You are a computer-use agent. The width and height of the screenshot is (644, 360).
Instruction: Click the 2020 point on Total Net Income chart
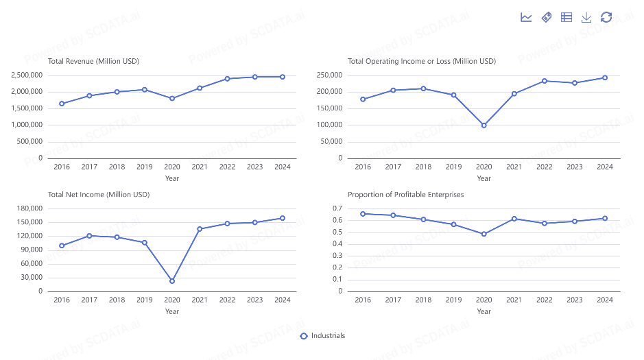pyautogui.click(x=172, y=281)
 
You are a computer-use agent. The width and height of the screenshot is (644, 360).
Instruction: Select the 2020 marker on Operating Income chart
pyautogui.click(x=484, y=125)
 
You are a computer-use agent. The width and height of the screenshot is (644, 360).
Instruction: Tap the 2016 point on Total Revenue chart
pyautogui.click(x=62, y=104)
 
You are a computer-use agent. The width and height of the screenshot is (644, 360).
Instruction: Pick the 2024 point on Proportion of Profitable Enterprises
pyautogui.click(x=604, y=218)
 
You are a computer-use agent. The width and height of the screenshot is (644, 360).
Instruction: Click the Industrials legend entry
pyautogui.click(x=323, y=336)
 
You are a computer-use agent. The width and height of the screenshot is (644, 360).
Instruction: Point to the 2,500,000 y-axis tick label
pyautogui.click(x=27, y=75)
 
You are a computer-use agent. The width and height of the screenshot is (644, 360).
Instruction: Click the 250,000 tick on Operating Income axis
pyautogui.click(x=330, y=75)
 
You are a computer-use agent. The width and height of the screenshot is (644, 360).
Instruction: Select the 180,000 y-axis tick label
pyautogui.click(x=30, y=208)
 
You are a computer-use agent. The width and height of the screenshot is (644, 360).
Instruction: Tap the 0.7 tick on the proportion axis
pyautogui.click(x=337, y=208)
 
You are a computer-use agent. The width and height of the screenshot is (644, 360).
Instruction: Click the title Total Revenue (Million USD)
pyautogui.click(x=93, y=61)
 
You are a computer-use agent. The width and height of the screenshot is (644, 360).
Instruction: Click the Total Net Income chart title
pyautogui.click(x=98, y=194)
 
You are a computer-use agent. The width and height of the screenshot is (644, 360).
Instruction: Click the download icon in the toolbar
pyautogui.click(x=586, y=17)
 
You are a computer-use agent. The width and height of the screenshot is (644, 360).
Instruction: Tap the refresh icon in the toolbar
pyautogui.click(x=606, y=17)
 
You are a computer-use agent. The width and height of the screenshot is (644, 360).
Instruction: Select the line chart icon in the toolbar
pyautogui.click(x=526, y=17)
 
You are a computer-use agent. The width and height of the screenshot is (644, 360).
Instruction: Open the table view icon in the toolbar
pyautogui.click(x=567, y=17)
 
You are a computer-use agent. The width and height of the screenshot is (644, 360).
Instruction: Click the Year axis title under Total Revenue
pyautogui.click(x=172, y=178)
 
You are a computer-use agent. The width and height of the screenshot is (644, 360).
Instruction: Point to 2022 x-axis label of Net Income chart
pyautogui.click(x=227, y=300)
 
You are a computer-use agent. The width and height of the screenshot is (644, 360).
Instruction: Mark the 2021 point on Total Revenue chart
pyautogui.click(x=200, y=88)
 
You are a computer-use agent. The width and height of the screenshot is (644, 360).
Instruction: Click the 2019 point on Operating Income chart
pyautogui.click(x=453, y=95)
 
